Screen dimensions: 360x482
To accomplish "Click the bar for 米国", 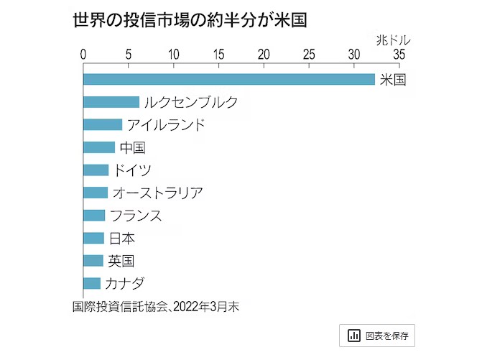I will point(228,79).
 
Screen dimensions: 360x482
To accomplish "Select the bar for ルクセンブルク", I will point(111,102).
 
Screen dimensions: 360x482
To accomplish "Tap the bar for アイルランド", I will point(103,124).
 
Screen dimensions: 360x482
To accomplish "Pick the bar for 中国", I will point(99,147).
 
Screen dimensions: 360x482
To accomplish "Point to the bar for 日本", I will point(94,237).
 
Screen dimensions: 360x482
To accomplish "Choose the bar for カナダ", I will point(92,282).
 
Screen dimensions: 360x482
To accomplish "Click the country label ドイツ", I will point(133,170).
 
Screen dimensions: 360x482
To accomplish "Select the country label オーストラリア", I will point(157,193).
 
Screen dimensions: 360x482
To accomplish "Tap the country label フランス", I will point(136,215).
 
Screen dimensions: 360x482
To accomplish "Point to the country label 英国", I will point(121,260).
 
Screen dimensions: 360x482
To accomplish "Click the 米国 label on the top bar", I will point(392,79).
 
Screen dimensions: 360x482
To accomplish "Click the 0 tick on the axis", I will point(84,55).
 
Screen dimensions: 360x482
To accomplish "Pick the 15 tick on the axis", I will point(218,55).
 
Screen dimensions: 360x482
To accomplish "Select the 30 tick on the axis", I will point(353,55).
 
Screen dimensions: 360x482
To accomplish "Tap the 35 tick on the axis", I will point(398,55).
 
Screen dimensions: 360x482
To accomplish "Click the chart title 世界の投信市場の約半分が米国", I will point(190,19).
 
